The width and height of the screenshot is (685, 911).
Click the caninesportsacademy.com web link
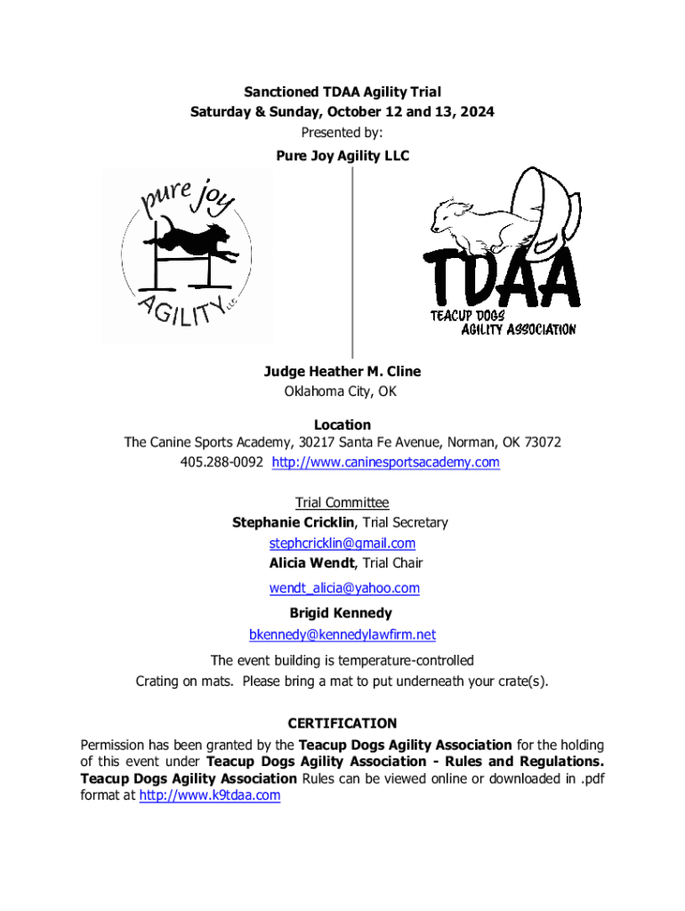385,463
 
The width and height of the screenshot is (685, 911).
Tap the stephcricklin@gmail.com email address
342,543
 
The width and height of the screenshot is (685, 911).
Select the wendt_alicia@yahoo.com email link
344,588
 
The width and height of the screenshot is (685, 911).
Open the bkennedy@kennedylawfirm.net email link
342,634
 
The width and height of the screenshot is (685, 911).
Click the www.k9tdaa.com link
210,795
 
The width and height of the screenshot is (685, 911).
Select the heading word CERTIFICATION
342,723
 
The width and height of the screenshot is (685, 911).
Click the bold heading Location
342,425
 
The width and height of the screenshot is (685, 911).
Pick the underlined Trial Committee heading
342,503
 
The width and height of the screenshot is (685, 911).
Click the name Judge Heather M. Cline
342,371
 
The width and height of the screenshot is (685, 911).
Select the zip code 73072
540,442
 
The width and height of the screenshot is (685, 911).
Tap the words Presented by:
342,133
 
